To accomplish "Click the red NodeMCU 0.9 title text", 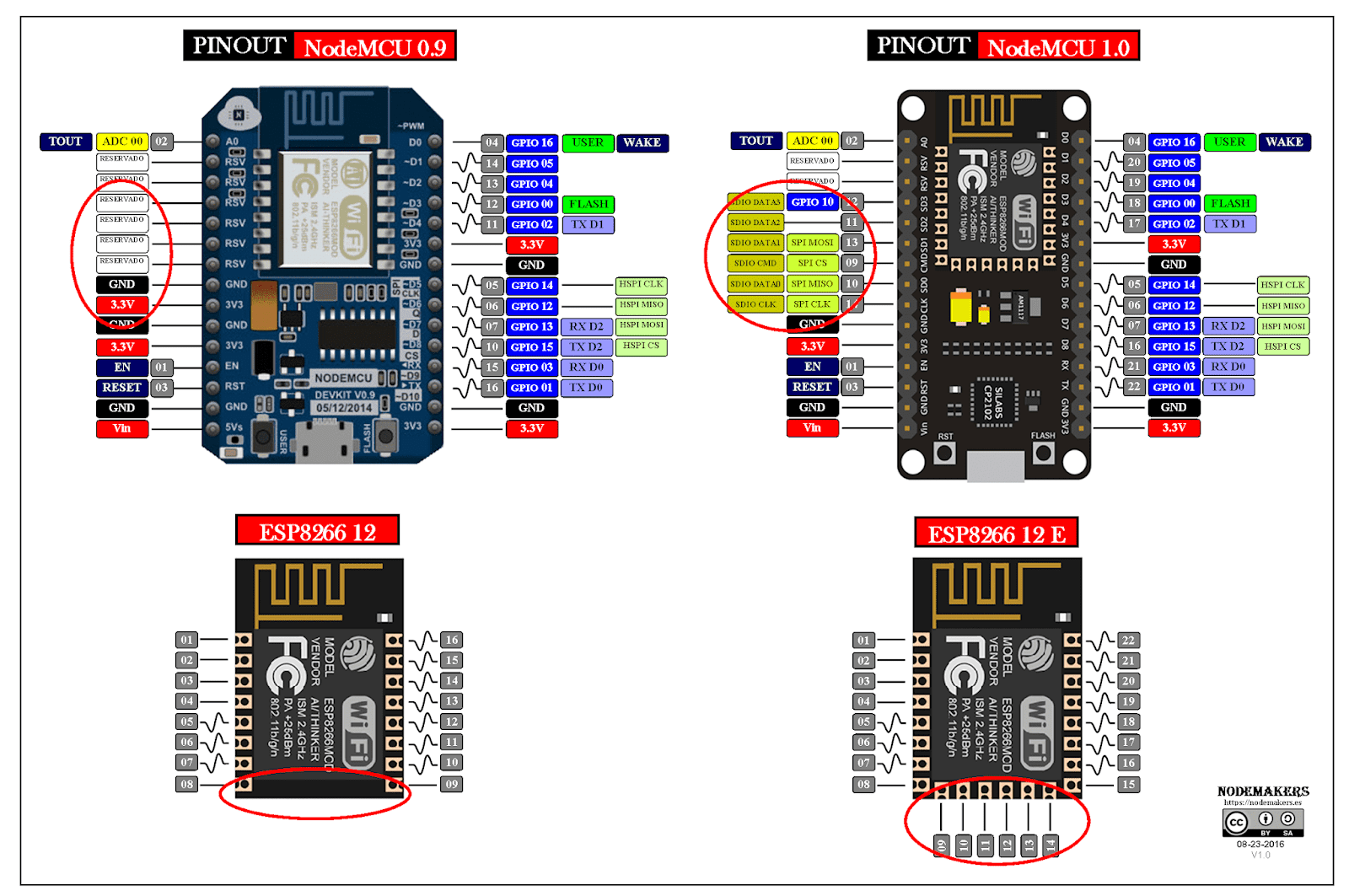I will (375, 47).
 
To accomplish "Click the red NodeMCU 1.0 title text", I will (1058, 47).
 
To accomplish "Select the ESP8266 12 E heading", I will (997, 534).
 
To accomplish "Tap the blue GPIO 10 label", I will (812, 202).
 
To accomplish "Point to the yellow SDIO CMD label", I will (755, 263).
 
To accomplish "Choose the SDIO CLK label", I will (755, 304).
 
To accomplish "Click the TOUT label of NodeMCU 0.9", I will (66, 142).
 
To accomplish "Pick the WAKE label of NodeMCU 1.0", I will (1284, 142).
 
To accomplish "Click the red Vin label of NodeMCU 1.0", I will (812, 428).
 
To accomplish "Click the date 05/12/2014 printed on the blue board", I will (344, 408).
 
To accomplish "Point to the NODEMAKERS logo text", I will (1263, 791).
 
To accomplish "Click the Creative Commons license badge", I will (1263, 822).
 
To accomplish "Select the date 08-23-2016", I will (1260, 844).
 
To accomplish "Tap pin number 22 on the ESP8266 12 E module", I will (1129, 641).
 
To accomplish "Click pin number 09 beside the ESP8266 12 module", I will (452, 784).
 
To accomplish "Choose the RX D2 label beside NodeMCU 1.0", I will (1228, 326).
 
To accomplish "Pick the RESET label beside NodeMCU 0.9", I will (122, 388).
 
